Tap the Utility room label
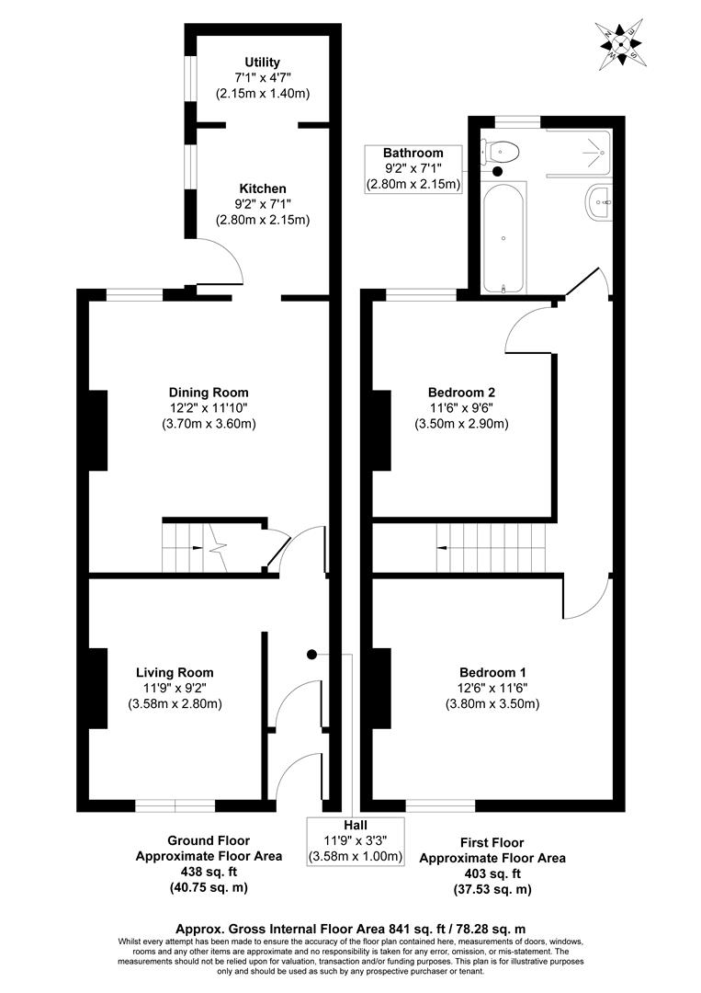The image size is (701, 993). (262, 62)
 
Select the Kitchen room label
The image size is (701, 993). (262, 188)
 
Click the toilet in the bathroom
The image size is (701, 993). (503, 150)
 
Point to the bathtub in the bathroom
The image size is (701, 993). (503, 238)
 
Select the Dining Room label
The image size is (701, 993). (209, 393)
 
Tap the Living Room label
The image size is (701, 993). (175, 672)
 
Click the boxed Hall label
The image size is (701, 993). (356, 825)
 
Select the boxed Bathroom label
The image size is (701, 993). (413, 153)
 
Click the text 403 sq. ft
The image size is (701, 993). (492, 873)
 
